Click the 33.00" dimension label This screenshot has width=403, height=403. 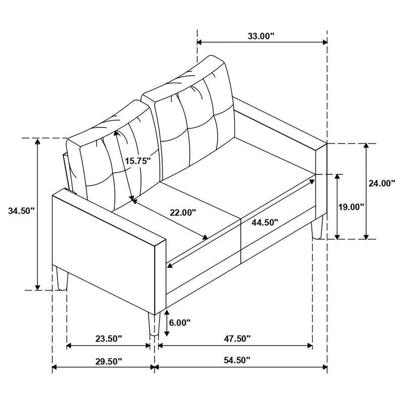click(261, 36)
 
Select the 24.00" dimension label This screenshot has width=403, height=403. click(382, 183)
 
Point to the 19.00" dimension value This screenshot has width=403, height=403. click(351, 207)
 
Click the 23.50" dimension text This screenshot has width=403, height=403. click(108, 339)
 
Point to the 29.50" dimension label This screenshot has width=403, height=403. click(108, 361)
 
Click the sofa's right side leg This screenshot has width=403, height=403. click(317, 227)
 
